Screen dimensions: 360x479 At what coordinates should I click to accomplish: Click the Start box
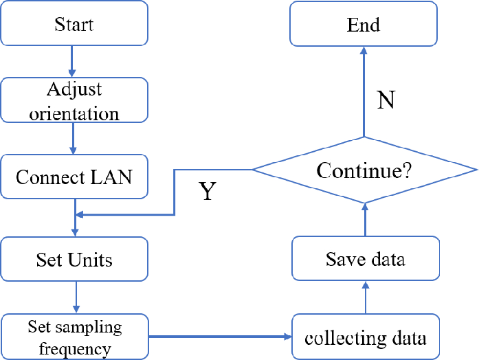coord(74,25)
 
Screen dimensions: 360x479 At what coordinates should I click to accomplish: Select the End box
coord(364,25)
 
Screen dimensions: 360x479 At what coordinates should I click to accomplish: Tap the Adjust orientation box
coord(74,100)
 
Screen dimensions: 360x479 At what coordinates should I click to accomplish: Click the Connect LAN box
coord(74,177)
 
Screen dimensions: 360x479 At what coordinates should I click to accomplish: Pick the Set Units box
coord(74,260)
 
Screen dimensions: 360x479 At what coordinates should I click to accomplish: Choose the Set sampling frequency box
coord(74,337)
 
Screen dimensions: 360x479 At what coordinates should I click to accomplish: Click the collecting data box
coord(365,337)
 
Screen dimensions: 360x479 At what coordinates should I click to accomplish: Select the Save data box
coord(365,260)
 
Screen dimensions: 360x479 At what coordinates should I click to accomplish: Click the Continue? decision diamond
coord(365,169)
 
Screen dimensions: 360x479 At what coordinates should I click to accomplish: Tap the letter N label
coord(386,100)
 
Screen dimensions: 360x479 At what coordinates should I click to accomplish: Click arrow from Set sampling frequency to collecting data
coord(220,337)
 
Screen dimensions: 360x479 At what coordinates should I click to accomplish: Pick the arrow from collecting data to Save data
coord(365,298)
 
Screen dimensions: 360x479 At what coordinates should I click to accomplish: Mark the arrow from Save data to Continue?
coord(365,220)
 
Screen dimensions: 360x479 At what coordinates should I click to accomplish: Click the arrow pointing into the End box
coord(364,89)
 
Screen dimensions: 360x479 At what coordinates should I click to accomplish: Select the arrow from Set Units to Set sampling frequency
coord(76,297)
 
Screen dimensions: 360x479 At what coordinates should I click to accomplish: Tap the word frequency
coord(74,348)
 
